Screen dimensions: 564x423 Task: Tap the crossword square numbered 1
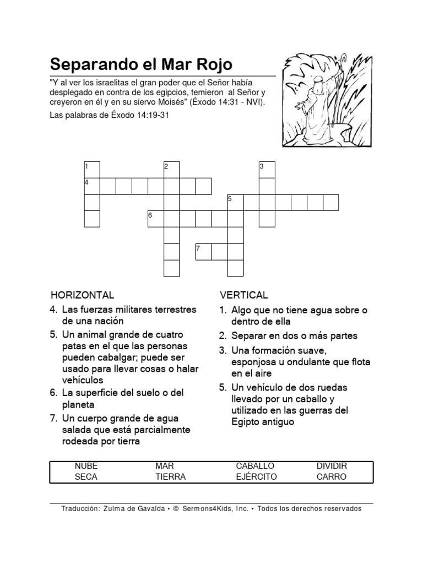click(92, 170)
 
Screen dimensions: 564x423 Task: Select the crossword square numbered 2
click(172, 170)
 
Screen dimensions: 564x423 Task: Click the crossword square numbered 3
click(267, 170)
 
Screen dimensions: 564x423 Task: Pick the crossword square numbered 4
click(92, 186)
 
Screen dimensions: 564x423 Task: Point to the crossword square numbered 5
click(235, 202)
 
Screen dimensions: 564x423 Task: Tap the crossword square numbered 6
click(156, 219)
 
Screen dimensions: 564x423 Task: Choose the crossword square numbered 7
click(203, 251)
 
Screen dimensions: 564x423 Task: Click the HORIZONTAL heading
click(83, 295)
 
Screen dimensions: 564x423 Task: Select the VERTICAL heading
click(243, 295)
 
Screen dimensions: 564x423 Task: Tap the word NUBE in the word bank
click(86, 466)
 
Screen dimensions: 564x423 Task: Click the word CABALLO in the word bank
click(255, 466)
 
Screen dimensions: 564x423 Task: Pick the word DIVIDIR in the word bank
click(332, 466)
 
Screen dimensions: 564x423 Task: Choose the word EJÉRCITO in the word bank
click(256, 477)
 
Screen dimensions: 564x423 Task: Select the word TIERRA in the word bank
click(171, 477)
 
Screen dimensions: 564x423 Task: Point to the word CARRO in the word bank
click(332, 477)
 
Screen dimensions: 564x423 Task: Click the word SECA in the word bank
click(86, 477)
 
